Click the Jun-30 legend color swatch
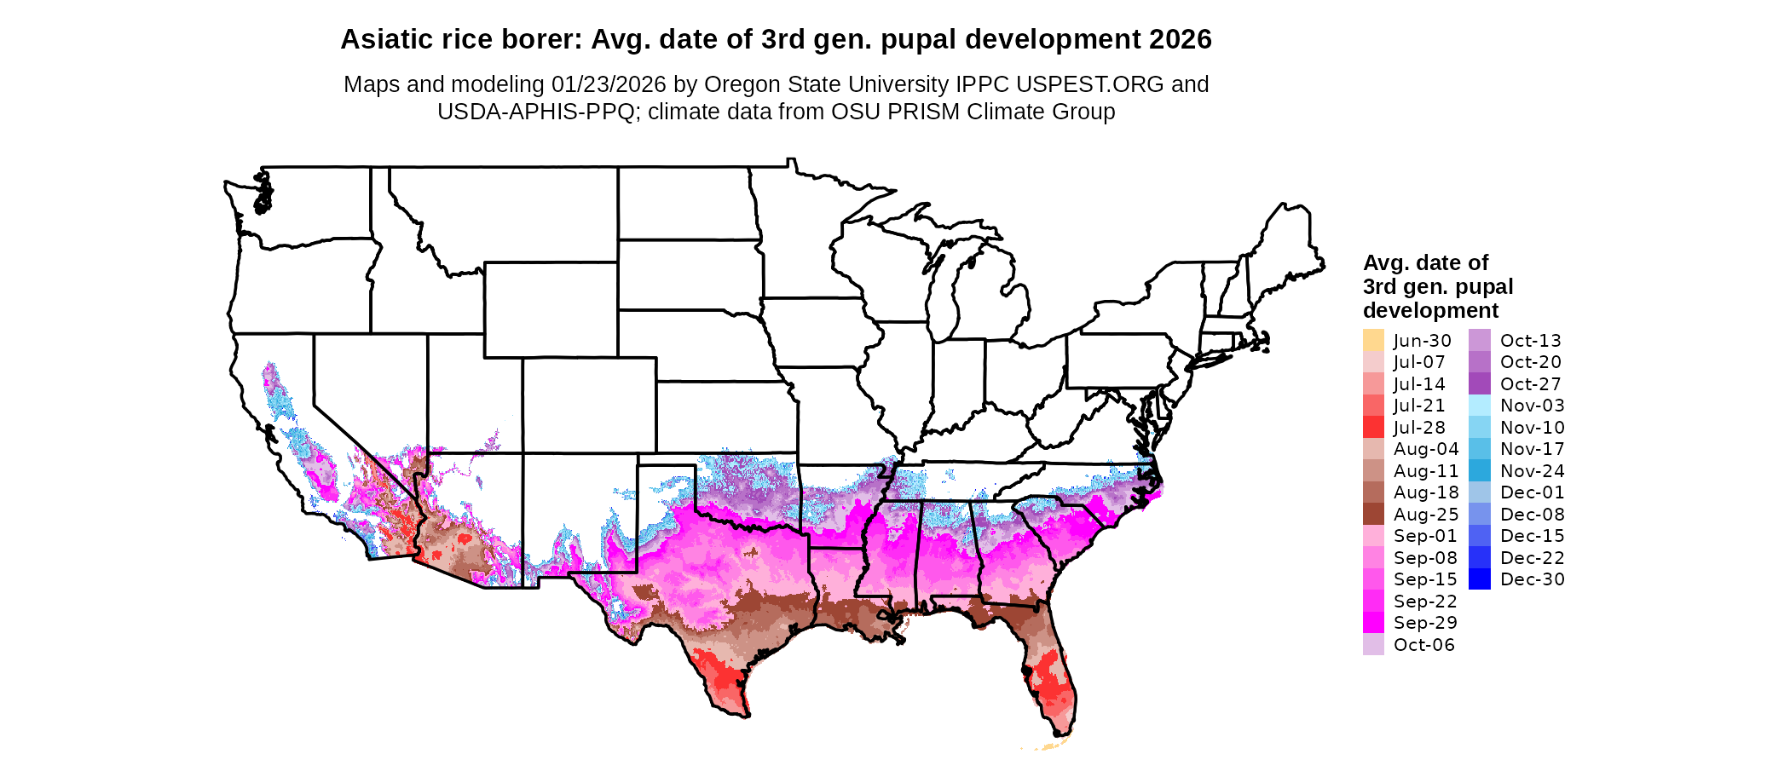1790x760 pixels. click(1373, 340)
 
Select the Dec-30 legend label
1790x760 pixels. click(1532, 579)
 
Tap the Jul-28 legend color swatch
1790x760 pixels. click(1373, 427)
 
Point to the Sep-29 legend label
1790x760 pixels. click(1425, 623)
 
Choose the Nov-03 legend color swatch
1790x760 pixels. click(1480, 406)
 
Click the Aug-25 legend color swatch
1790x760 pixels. click(1373, 514)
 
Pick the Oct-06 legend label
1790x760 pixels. click(1423, 645)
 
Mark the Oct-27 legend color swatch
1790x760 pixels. click(1480, 383)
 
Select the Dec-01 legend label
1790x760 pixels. click(1532, 492)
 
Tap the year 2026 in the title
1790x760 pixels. click(1180, 39)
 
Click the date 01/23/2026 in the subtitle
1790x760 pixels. click(609, 84)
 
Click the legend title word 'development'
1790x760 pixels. click(1430, 310)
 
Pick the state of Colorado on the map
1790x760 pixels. click(589, 405)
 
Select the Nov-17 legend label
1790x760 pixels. click(1532, 449)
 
